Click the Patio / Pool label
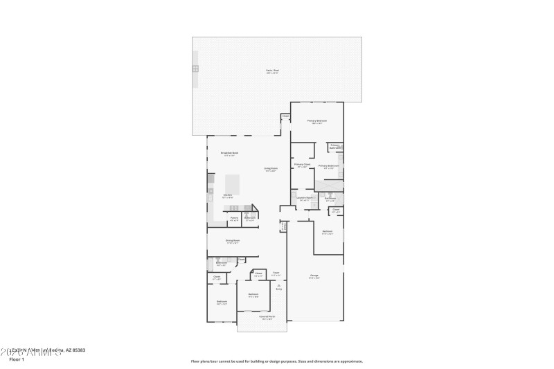point(272,71)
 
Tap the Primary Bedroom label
point(316,120)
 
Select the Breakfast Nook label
point(229,152)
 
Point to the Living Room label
point(270,168)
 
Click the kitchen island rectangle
point(233,185)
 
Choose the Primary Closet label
point(303,164)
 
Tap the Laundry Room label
point(305,198)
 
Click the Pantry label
point(234,217)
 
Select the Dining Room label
point(232,240)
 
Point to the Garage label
point(314,275)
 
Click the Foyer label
point(276,273)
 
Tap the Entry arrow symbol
point(279,285)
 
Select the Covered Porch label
point(266,317)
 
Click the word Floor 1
point(17,359)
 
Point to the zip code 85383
point(77,350)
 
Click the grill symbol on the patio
point(195,69)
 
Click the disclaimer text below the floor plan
point(276,361)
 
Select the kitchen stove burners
point(234,208)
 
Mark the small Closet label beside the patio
point(285,116)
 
